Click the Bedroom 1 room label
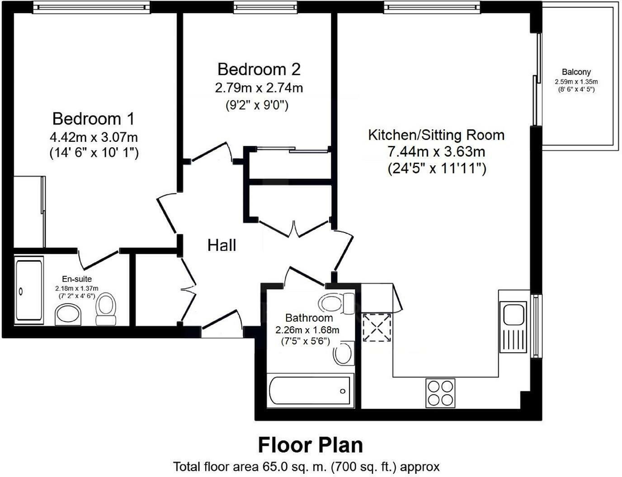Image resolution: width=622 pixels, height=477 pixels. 93,119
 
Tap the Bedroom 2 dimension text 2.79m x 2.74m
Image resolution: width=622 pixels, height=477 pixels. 259,88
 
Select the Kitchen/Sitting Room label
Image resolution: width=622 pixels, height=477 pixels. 436,135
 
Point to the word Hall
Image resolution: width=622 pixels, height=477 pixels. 221,245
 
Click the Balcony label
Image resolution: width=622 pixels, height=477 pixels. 576,72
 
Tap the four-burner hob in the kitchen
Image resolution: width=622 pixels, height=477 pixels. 440,393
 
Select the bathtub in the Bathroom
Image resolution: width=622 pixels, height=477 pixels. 310,391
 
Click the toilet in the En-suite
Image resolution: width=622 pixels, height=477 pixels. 106,309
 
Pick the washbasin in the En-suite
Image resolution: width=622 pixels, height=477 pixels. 68,314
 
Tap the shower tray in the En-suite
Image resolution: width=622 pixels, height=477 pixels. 29,290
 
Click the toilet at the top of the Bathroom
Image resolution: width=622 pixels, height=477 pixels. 337,303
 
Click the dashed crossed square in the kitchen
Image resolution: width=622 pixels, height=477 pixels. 377,327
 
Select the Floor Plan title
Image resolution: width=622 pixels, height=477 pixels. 310,445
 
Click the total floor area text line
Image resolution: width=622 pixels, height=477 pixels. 306,467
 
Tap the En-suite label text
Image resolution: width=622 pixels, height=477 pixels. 77,279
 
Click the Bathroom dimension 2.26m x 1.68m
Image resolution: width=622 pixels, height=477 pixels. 307,330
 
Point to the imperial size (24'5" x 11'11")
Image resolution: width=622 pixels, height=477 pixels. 436,169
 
